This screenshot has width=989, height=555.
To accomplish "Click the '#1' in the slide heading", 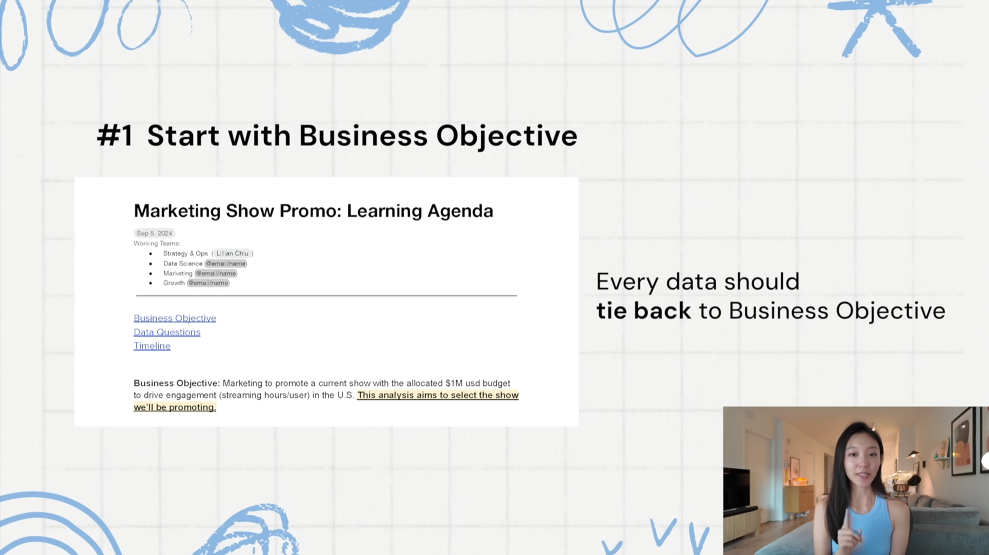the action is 115,136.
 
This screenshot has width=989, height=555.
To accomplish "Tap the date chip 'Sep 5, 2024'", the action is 154,233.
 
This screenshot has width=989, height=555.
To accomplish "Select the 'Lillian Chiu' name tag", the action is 232,253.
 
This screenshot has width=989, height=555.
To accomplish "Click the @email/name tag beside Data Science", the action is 226,264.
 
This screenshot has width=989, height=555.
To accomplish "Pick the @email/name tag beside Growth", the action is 208,283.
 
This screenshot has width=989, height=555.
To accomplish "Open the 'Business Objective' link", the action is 175,318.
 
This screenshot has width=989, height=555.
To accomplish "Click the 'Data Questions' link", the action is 167,332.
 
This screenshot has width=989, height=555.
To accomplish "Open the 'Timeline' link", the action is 152,346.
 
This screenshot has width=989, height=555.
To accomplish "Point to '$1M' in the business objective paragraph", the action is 454,383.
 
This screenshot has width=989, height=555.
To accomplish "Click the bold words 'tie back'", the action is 643,311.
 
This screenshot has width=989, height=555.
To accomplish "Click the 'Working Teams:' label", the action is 157,243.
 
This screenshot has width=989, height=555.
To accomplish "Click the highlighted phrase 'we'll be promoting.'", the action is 175,407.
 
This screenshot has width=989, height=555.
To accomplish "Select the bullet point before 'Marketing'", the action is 151,273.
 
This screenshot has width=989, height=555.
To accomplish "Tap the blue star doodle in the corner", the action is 880,27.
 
